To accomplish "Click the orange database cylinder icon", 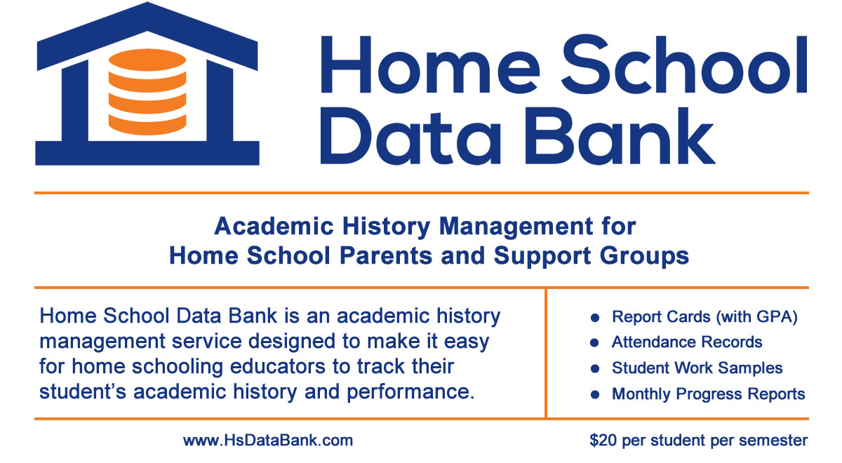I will point(147,90).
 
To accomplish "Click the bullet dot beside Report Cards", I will point(594,318).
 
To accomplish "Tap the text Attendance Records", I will point(687,342).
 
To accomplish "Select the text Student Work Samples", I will point(697,368).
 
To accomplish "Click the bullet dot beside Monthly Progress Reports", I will point(594,395).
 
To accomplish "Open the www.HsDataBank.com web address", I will point(268,441).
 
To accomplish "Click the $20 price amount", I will point(602,441).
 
